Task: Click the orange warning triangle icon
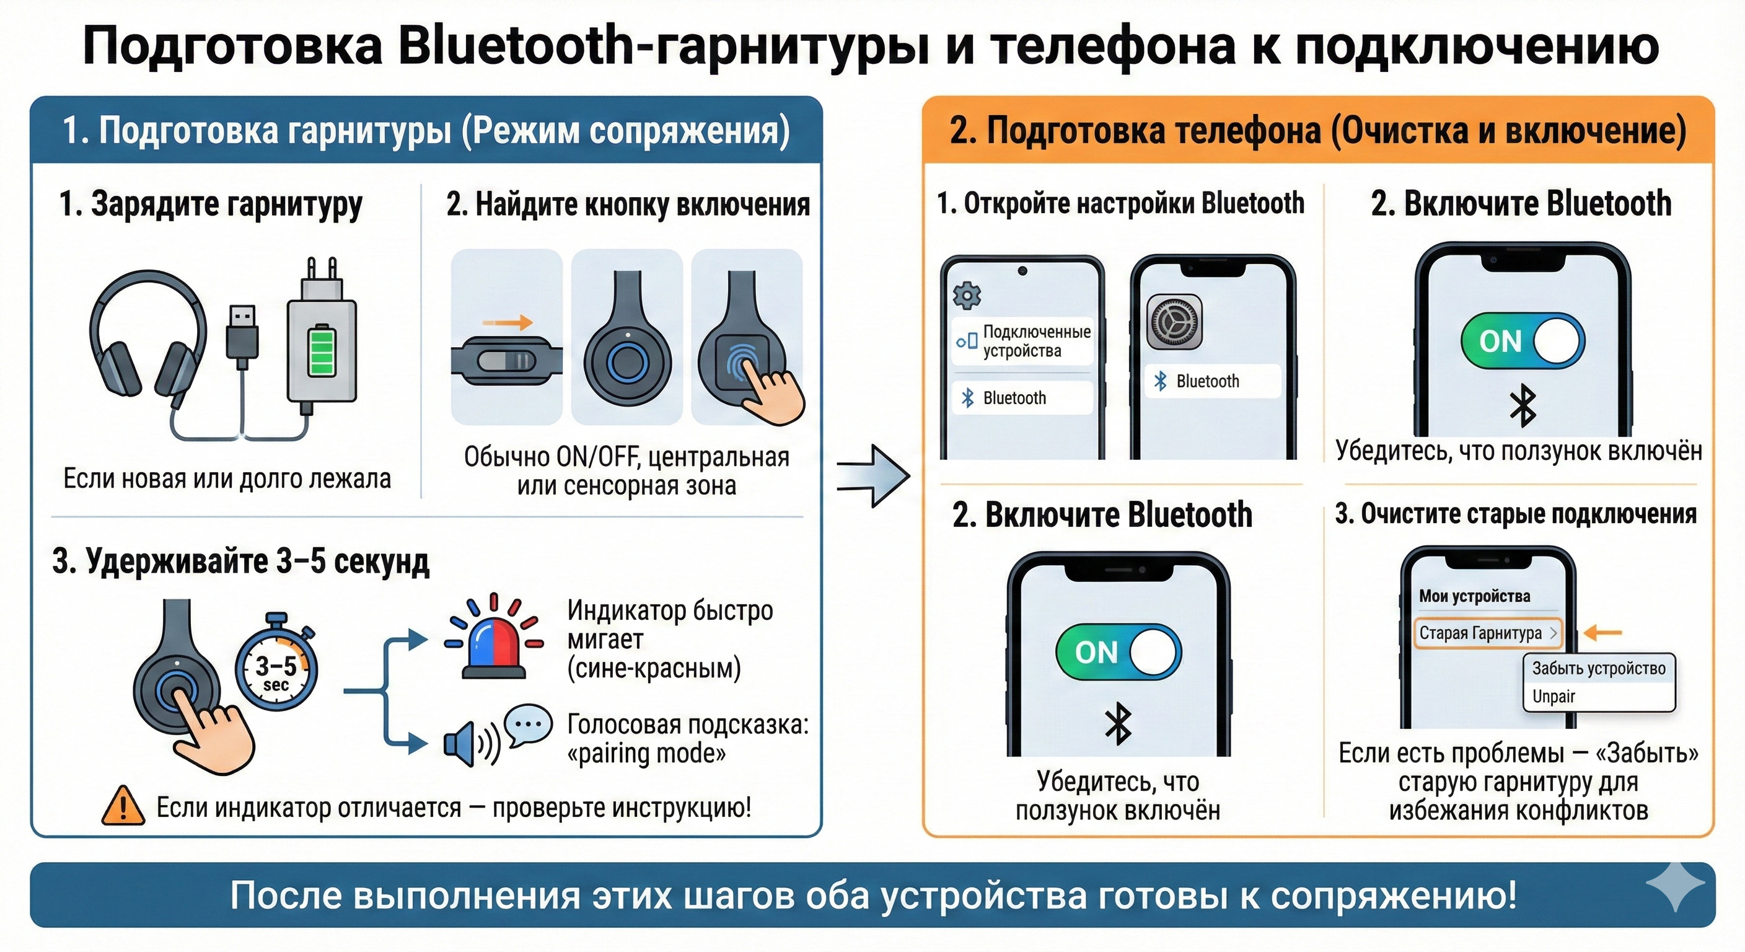point(123,806)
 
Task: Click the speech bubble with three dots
point(529,724)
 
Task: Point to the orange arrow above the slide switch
point(508,323)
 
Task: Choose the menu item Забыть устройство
point(1598,668)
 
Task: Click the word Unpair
point(1554,697)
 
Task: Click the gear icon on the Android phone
point(967,296)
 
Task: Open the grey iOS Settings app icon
point(1174,322)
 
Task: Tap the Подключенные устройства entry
point(1023,342)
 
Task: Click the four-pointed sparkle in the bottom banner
point(1674,886)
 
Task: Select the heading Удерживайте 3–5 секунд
point(241,561)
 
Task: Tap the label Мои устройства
point(1474,596)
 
